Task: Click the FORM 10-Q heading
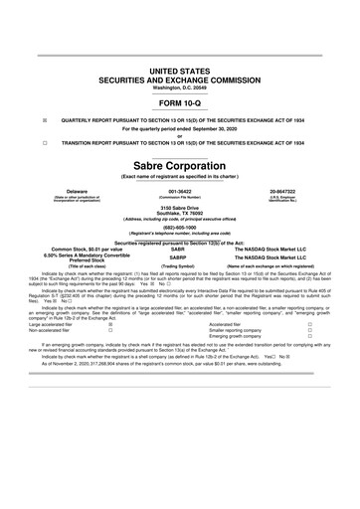179,103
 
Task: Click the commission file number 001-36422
179,190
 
